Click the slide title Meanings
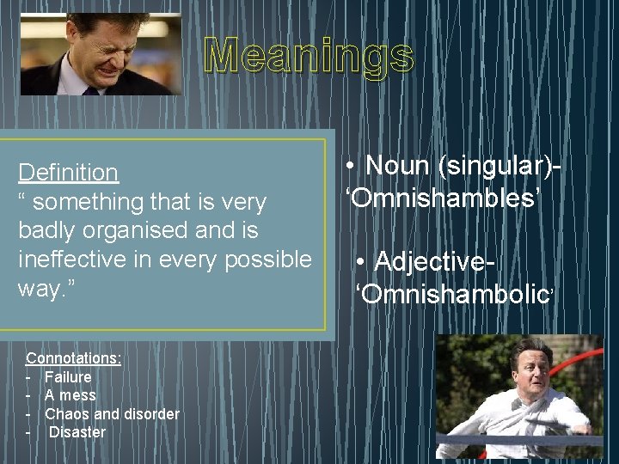pyautogui.click(x=309, y=57)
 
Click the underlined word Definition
pyautogui.click(x=69, y=173)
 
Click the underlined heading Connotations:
pyautogui.click(x=74, y=357)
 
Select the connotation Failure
pyautogui.click(x=68, y=376)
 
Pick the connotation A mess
pyautogui.click(x=70, y=395)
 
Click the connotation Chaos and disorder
pyautogui.click(x=112, y=414)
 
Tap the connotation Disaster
pyautogui.click(x=77, y=432)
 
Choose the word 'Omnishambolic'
pyautogui.click(x=456, y=294)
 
